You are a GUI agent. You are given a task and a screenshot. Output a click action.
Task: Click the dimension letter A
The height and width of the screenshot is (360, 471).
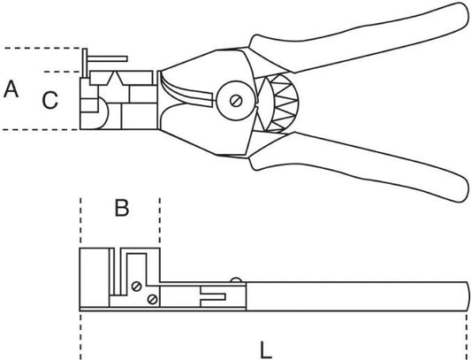click(x=11, y=89)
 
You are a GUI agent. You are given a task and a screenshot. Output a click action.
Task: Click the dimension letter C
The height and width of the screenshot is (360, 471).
click(x=49, y=100)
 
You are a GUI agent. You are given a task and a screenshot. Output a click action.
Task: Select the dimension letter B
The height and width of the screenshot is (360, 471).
click(x=122, y=208)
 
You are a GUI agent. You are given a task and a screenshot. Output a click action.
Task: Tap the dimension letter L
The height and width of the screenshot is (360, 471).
click(x=265, y=349)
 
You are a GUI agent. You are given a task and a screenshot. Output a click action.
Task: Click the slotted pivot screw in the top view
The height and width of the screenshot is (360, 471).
click(x=236, y=101)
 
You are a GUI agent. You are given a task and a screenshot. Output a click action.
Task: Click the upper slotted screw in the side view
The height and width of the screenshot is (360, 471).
click(x=137, y=287)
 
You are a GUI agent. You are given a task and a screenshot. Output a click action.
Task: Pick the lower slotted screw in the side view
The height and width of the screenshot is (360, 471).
click(x=153, y=299)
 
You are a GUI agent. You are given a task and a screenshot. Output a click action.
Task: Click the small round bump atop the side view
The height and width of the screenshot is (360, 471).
click(x=236, y=280)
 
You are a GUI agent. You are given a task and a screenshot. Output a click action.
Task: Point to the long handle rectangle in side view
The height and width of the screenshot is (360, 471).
click(x=357, y=296)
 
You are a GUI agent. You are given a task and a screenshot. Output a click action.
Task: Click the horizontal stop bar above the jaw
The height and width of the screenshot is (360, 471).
click(x=107, y=58)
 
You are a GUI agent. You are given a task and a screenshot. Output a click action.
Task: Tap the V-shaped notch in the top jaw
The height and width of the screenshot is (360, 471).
click(x=116, y=79)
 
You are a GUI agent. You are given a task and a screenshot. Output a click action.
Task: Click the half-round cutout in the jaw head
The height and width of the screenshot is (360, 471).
click(x=102, y=113)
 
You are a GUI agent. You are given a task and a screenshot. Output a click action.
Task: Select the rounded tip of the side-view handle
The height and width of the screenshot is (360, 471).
click(x=467, y=296)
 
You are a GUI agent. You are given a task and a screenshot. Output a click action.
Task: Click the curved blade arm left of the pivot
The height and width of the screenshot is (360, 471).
click(x=186, y=91)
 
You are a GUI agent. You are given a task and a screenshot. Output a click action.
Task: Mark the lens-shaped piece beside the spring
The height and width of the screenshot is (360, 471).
click(x=263, y=103)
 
